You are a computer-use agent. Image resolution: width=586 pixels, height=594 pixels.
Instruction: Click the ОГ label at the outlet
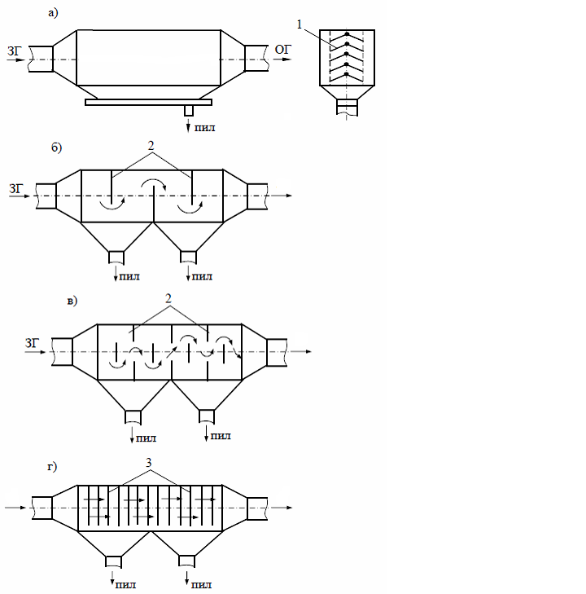pyautogui.click(x=282, y=51)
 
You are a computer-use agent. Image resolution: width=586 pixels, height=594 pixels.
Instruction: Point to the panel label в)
pyautogui.click(x=72, y=301)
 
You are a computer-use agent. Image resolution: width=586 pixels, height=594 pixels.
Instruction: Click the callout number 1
pyautogui.click(x=301, y=25)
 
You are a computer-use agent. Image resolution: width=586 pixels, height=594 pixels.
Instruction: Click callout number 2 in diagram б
pyautogui.click(x=151, y=144)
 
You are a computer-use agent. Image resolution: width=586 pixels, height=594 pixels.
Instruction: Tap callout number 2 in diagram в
pyautogui.click(x=168, y=299)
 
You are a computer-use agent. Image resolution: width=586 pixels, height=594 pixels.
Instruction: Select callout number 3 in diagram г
pyautogui.click(x=149, y=462)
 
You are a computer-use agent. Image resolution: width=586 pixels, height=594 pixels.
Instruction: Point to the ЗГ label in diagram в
pyautogui.click(x=33, y=343)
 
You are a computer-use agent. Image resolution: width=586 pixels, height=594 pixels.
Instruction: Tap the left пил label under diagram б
pyautogui.click(x=129, y=276)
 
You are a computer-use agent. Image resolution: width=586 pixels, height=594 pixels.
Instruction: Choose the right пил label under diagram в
pyautogui.click(x=220, y=436)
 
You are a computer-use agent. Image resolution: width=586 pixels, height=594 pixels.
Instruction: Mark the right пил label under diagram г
pyautogui.click(x=200, y=583)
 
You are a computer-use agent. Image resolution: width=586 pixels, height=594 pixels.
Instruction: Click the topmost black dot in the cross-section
pyautogui.click(x=348, y=35)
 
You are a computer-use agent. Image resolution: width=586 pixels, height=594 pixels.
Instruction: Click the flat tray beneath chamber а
pyautogui.click(x=148, y=102)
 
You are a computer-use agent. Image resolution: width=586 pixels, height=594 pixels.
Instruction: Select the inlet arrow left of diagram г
pyautogui.click(x=16, y=507)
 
